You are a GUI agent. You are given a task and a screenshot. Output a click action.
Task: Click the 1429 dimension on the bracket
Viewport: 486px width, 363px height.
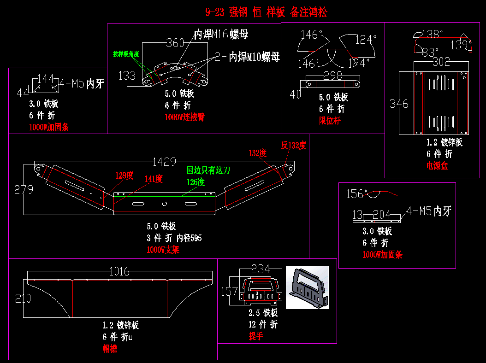(x=164, y=162)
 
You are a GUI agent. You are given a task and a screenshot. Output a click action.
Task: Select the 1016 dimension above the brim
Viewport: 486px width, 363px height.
(x=119, y=271)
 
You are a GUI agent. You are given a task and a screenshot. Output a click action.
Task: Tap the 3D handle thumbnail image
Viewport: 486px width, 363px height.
(x=307, y=287)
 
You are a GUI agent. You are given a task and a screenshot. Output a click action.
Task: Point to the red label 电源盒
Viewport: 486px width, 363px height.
(x=437, y=166)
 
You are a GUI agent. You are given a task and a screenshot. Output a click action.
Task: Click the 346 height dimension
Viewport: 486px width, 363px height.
(x=399, y=104)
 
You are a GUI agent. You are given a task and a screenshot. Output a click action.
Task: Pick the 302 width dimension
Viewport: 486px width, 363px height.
(x=441, y=62)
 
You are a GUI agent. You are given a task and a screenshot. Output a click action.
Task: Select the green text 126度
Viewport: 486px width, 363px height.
(x=196, y=182)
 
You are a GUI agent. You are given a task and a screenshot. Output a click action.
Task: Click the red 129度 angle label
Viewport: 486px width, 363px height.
(x=124, y=176)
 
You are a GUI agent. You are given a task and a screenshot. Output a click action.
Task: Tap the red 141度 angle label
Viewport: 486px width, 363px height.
(x=154, y=179)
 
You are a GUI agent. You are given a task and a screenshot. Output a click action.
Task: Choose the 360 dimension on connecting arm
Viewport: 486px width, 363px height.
(x=175, y=43)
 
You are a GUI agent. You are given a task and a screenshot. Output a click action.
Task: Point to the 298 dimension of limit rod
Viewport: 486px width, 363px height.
(x=332, y=76)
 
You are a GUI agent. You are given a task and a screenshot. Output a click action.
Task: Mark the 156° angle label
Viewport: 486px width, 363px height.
(x=357, y=194)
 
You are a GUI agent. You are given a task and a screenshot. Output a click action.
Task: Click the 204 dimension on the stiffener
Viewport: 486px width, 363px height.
(x=381, y=214)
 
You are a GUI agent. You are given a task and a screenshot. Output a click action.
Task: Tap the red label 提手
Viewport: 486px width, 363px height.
(x=256, y=336)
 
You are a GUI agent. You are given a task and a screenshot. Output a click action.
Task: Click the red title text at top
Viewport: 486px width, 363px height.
(x=266, y=12)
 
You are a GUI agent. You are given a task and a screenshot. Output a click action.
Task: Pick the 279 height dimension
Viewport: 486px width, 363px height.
(x=24, y=189)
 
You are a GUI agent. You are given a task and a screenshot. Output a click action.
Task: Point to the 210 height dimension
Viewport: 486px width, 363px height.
(x=23, y=299)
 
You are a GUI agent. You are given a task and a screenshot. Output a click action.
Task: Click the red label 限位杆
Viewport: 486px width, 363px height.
(x=330, y=121)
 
